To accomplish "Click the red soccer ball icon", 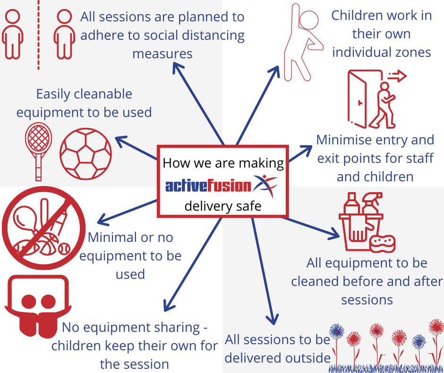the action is [86, 154].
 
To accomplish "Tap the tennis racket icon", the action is [39, 151].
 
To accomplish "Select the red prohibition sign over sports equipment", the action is [43, 228].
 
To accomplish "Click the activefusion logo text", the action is [208, 186].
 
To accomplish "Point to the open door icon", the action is [358, 99].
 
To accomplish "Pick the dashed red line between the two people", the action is [39, 35].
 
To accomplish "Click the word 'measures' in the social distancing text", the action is [162, 53].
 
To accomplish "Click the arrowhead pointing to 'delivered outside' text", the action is [273, 319].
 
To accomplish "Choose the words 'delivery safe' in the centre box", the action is [223, 206].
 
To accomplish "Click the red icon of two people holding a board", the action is [38, 306].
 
